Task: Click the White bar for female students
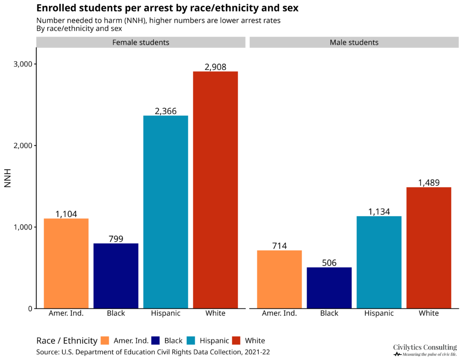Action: (x=215, y=190)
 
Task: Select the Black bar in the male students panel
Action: (x=329, y=288)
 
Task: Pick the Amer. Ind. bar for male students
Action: (x=279, y=279)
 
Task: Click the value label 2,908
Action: (x=215, y=67)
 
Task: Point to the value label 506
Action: (x=329, y=263)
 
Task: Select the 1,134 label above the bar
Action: (x=379, y=212)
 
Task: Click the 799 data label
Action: (x=116, y=239)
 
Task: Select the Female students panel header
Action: (x=140, y=43)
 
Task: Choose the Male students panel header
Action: (x=354, y=43)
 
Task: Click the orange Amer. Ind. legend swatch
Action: (x=105, y=341)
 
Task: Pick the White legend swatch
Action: (x=236, y=341)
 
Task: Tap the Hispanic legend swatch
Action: (x=191, y=341)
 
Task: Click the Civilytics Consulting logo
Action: (x=425, y=350)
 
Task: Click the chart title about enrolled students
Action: (x=167, y=8)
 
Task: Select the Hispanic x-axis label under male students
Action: (x=379, y=313)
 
